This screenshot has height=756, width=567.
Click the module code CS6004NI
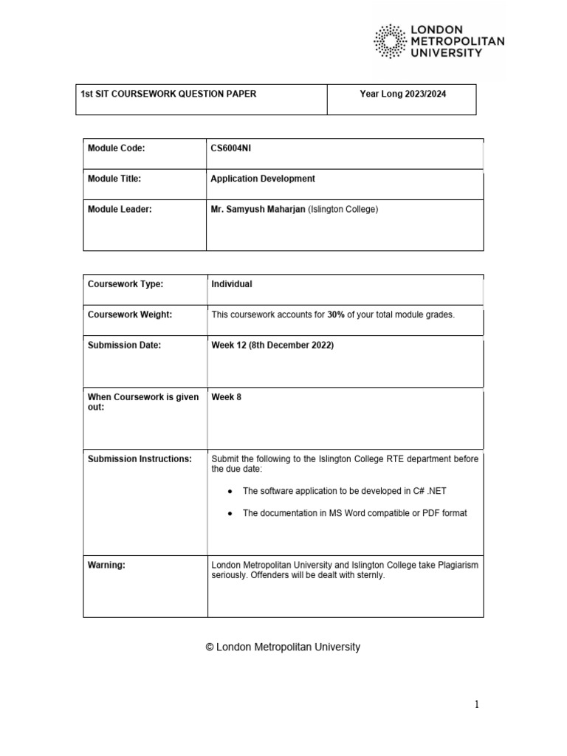232,148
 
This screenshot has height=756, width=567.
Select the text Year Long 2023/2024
402,94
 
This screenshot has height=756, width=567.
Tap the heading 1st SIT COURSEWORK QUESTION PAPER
168,94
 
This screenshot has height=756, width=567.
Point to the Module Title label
114,179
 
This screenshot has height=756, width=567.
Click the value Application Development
263,179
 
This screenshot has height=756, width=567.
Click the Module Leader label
119,210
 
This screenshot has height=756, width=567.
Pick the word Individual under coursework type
232,283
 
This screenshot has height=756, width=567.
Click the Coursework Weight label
130,315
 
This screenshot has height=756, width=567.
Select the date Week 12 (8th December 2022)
272,346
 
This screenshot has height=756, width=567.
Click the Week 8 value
226,397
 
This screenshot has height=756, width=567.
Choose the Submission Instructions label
140,459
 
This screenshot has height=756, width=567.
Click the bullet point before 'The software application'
230,491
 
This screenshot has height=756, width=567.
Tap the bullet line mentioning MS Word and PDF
354,513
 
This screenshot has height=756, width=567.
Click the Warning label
106,565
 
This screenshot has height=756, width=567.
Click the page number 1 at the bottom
477,704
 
